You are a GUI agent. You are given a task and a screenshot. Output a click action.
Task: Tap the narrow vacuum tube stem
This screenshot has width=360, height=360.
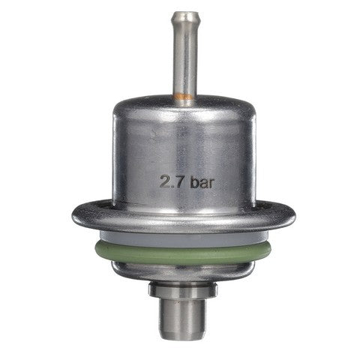click(x=184, y=54)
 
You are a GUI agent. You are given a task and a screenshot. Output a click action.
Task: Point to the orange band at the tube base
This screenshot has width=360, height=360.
click(x=184, y=97)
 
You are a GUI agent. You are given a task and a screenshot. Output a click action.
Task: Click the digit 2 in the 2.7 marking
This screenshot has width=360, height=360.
click(x=165, y=181)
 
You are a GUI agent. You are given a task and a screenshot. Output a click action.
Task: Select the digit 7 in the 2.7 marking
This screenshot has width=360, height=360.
click(x=179, y=181)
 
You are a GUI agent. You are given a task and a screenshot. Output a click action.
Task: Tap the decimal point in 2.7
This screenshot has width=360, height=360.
click(x=172, y=186)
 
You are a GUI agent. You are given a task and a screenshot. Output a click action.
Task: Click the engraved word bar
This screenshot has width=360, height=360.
click(x=202, y=181)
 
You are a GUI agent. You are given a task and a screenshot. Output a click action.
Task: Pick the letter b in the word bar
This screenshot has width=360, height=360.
click(x=194, y=181)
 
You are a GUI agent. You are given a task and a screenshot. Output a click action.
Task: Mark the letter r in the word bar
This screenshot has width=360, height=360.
click(x=211, y=183)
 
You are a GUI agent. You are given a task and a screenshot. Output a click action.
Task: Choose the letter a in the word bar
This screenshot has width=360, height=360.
click(x=204, y=183)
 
